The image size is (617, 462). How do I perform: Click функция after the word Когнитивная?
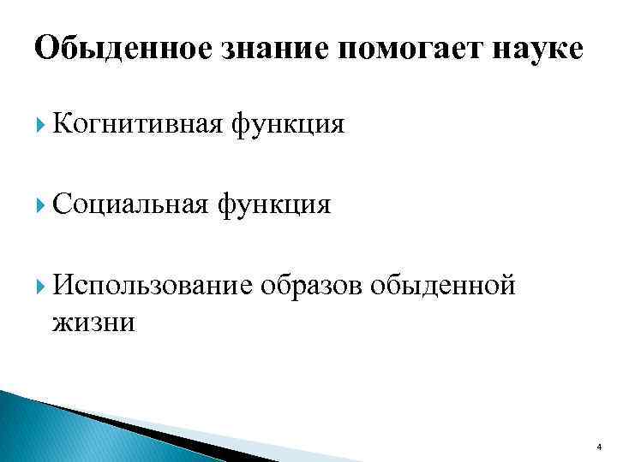pos(286,126)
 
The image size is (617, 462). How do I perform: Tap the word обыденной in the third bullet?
pos(444,284)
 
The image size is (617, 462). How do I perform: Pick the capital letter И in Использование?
pos(61,284)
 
